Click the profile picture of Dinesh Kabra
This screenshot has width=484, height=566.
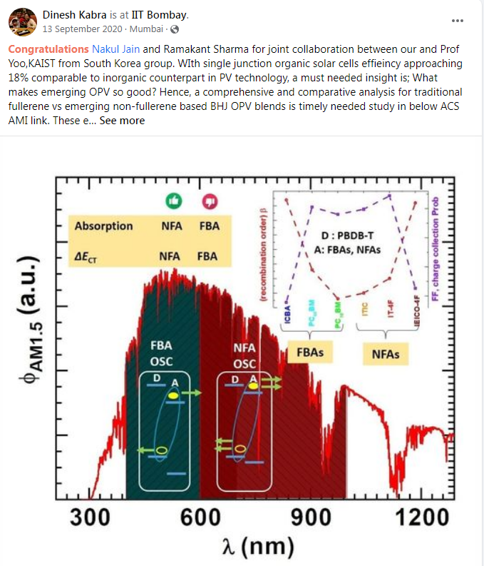click(x=22, y=21)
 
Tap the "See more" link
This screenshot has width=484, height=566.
click(x=122, y=121)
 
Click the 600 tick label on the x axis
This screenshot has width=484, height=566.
click(x=200, y=519)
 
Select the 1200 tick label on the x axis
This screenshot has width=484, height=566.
click(x=417, y=519)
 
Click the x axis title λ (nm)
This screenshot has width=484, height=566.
click(x=255, y=547)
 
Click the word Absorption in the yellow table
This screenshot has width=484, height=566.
click(x=104, y=226)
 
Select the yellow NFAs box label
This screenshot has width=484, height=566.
click(x=386, y=353)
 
